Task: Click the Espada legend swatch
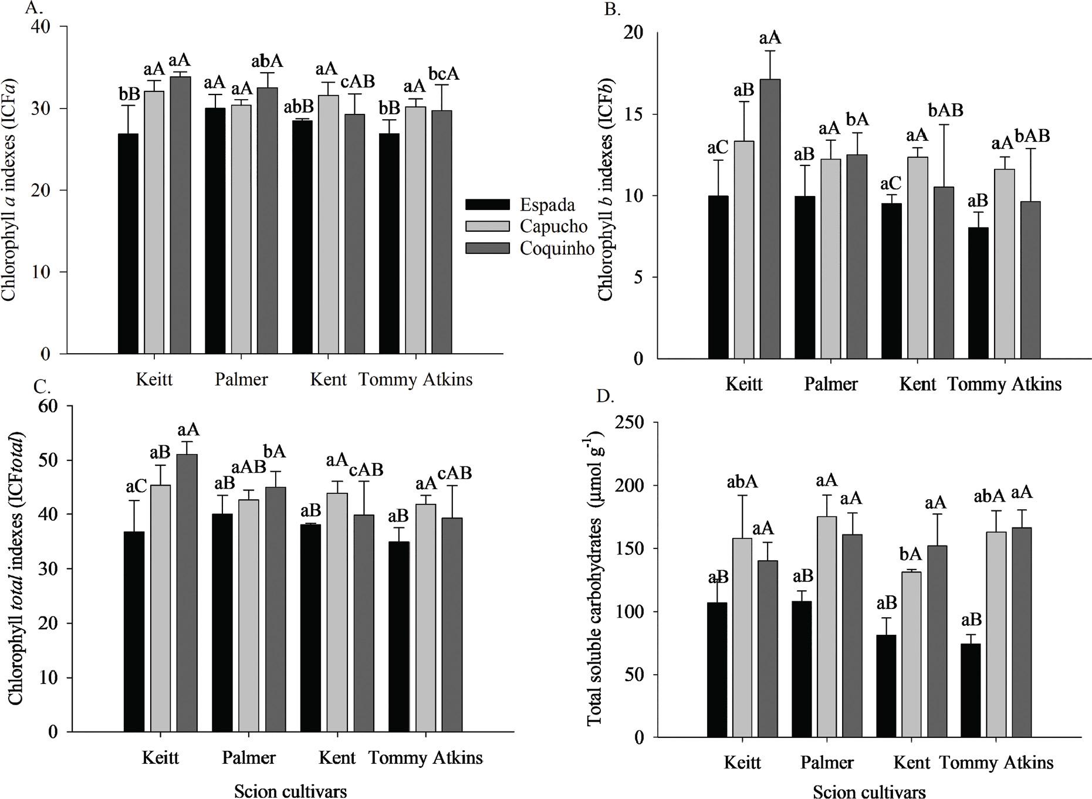[x=487, y=205]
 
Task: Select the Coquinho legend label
[x=557, y=248]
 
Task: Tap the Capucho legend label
[x=553, y=226]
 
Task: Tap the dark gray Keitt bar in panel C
[x=187, y=593]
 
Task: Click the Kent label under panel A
[x=329, y=380]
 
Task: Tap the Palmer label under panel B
[x=830, y=384]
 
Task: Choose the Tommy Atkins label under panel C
[x=425, y=758]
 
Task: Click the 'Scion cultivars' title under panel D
[x=869, y=792]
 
